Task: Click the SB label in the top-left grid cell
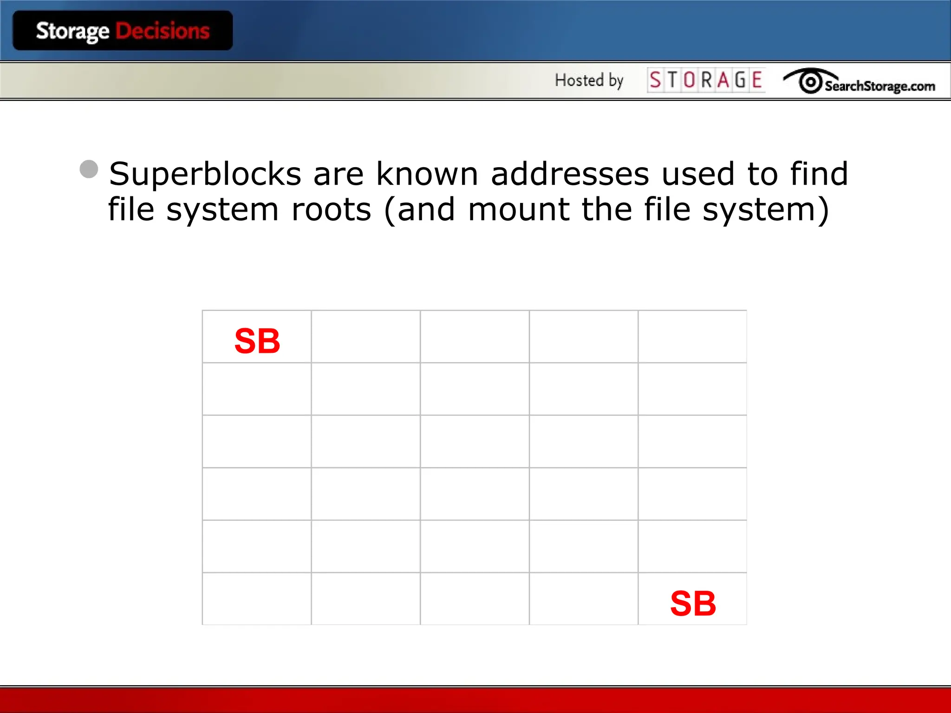point(257,341)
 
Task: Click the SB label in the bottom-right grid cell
point(693,603)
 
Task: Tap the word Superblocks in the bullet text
point(205,174)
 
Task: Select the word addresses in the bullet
point(570,174)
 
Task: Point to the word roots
point(331,210)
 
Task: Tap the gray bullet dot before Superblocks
point(89,169)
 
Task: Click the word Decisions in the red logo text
point(163,31)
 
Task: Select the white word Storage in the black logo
point(72,32)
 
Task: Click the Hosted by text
point(589,80)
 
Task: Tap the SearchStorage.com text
point(879,86)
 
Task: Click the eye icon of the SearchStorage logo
point(810,82)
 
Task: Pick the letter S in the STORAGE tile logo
point(655,80)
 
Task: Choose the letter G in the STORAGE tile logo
point(740,80)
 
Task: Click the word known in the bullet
point(427,174)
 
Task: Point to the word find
point(819,174)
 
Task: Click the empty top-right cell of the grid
point(692,337)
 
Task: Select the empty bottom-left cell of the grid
point(257,599)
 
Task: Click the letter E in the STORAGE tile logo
point(757,80)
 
